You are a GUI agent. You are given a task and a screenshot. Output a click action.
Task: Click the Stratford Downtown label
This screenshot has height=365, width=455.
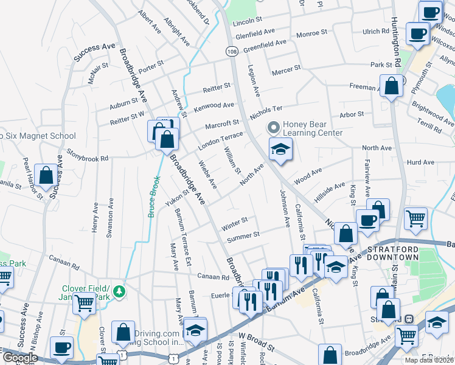point(392,253)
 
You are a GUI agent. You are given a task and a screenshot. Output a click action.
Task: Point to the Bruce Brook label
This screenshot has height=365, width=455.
point(154,197)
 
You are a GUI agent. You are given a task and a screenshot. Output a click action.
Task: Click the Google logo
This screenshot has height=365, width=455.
point(20,357)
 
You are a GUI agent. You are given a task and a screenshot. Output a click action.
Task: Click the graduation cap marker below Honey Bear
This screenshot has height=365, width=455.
point(280,150)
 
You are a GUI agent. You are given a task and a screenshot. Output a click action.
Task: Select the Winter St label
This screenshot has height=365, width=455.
point(234,223)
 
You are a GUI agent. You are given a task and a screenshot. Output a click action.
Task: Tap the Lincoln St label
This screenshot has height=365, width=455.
point(247,20)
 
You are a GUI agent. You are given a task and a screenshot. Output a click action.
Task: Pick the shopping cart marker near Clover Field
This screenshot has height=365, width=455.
point(85,302)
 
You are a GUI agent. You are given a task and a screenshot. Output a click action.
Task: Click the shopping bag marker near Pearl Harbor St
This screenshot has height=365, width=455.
point(46,175)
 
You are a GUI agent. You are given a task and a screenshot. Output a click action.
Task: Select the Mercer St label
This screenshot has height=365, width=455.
point(287,71)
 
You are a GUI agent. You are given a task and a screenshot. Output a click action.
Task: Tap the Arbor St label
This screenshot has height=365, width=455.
point(352,114)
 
